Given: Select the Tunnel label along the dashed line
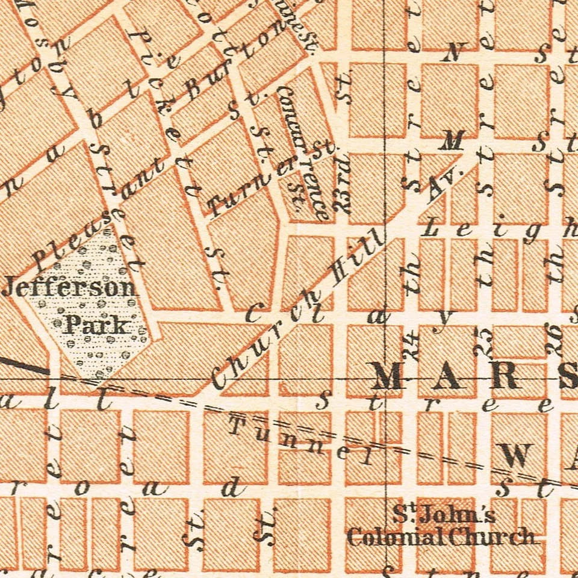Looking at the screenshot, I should (x=301, y=443).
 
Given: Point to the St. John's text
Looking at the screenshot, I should (x=444, y=515).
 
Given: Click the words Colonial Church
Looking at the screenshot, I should (x=441, y=536).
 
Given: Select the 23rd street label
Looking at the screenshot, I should (x=344, y=193).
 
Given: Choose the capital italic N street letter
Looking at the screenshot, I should (x=452, y=53).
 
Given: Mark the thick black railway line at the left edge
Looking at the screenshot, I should (x=24, y=365).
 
